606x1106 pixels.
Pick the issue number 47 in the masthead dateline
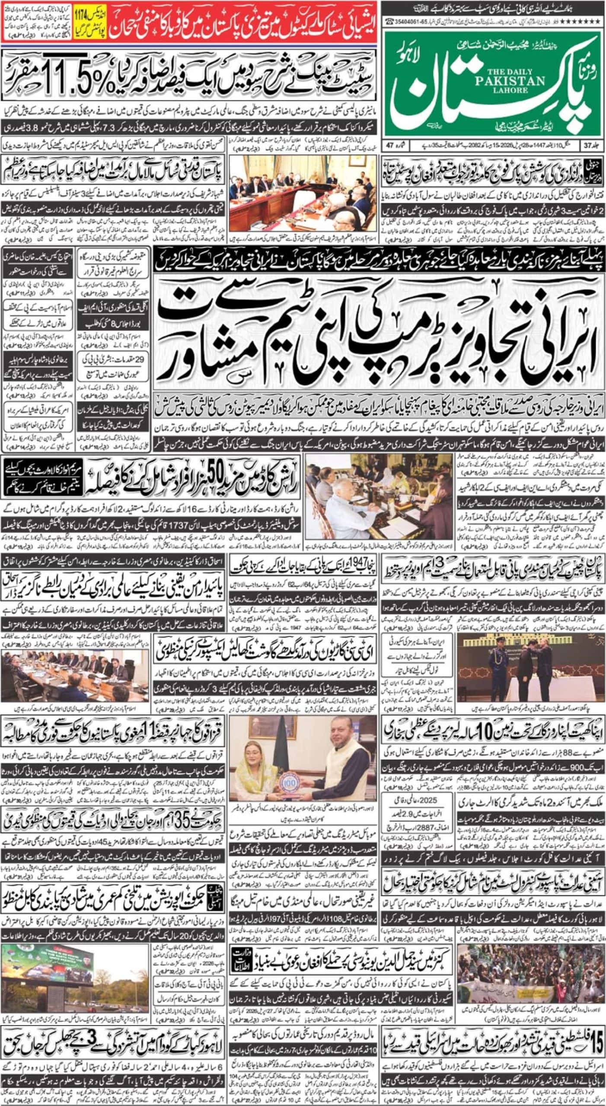[x=391, y=145]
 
